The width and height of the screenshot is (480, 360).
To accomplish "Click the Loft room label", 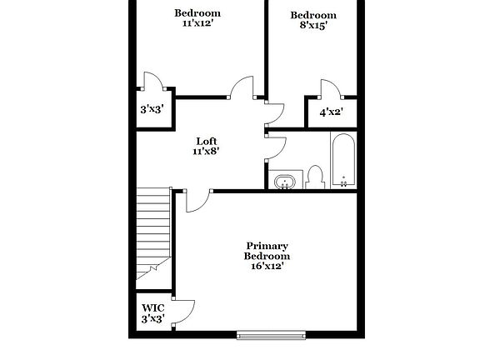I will pos(207,141).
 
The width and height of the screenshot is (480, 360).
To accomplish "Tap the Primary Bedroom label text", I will pos(267,251).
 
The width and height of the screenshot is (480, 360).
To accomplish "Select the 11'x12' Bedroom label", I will pos(197,17).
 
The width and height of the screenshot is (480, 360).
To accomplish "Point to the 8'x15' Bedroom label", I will pos(313,20).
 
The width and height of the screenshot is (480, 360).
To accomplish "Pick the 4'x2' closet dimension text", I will pos(331,111).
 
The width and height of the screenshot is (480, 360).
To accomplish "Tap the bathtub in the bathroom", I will pos(343,162).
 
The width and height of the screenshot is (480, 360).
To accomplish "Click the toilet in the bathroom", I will pos(315,177).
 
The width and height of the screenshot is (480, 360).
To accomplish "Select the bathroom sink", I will pos(286,181).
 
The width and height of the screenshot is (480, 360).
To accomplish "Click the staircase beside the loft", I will pos(152,229).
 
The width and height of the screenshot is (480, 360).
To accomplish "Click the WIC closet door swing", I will pos(184,309).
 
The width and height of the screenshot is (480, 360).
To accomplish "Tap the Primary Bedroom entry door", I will pos(197,201).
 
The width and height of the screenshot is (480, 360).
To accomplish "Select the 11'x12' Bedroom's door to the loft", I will pos(241,87).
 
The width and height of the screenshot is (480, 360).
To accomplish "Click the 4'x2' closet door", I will pos(328,89).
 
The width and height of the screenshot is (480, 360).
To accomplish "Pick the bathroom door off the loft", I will pos(276,147).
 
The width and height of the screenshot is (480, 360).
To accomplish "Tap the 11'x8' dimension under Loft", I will pos(207,152).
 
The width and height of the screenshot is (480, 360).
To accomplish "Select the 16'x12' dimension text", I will pos(267,267).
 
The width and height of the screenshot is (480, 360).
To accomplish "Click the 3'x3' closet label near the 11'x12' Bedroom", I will pos(152,109).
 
